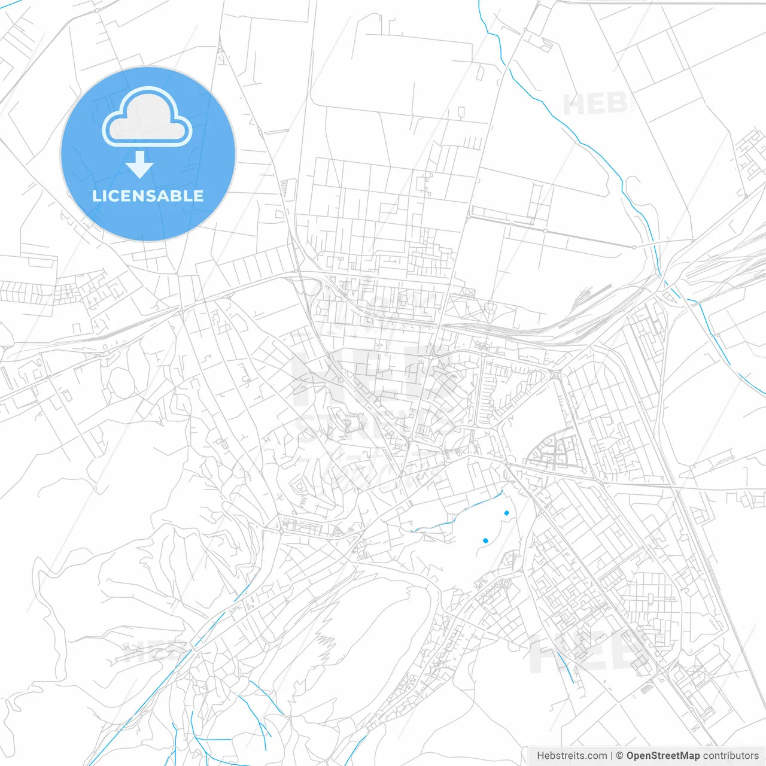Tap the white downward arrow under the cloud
(139, 165)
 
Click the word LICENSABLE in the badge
(148, 196)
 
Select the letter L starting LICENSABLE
(96, 196)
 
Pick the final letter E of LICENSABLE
(198, 196)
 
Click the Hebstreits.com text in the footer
(572, 756)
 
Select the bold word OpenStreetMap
(662, 756)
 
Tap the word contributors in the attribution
(731, 756)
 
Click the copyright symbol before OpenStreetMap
(619, 756)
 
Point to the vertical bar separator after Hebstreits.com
(611, 756)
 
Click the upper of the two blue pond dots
(506, 513)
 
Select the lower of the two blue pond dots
(485, 540)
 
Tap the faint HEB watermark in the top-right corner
(595, 105)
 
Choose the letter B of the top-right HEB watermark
(616, 105)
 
